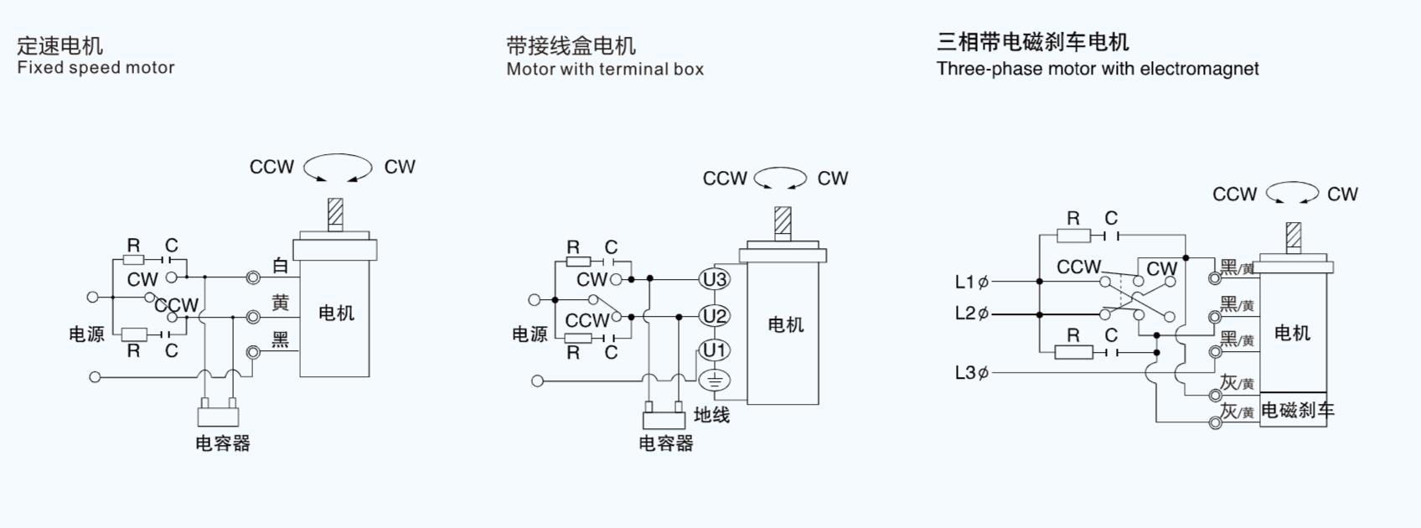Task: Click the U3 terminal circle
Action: [715, 279]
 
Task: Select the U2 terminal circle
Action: [715, 316]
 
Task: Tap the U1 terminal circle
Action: [715, 350]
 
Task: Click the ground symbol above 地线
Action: [715, 380]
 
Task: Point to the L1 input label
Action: [971, 282]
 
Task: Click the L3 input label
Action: [971, 372]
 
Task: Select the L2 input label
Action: [971, 313]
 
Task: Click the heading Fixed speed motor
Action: [96, 68]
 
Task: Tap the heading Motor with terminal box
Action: [605, 69]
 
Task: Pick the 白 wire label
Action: [281, 267]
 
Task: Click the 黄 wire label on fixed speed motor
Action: [281, 303]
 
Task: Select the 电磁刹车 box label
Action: [1297, 411]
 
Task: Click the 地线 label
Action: [711, 415]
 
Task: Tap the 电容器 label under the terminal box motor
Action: [666, 443]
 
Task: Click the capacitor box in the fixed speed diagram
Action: [218, 416]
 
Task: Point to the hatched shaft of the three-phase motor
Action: [1294, 236]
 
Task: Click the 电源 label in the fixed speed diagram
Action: [86, 334]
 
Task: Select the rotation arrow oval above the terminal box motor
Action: [780, 179]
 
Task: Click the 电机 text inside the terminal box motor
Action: [785, 325]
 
